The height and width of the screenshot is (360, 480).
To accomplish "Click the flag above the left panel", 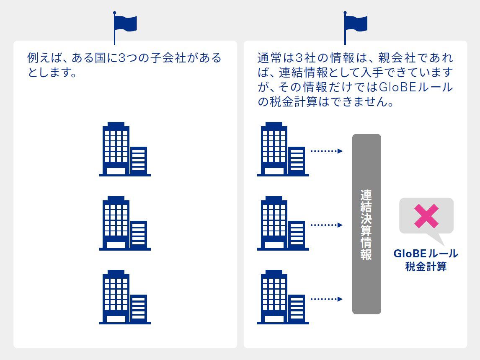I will pos(125,23).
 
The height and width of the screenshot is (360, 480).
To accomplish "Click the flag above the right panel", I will pos(355,23).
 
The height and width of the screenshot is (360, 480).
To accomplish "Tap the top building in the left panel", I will pos(124,149).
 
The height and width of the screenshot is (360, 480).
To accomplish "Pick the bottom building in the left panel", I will pos(124,297).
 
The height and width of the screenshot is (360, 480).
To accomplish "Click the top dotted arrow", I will pos(326,151).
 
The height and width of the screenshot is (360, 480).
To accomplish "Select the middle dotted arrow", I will pos(326,225).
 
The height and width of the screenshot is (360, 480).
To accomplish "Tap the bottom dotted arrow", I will pos(326,299).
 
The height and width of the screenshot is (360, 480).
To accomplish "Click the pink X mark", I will pos(426,216).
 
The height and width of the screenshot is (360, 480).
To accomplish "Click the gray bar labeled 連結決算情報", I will pos(366,224).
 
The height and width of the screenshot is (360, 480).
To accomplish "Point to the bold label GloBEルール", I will pos(426,254).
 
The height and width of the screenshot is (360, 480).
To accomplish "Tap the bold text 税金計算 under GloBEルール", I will pos(426,267).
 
